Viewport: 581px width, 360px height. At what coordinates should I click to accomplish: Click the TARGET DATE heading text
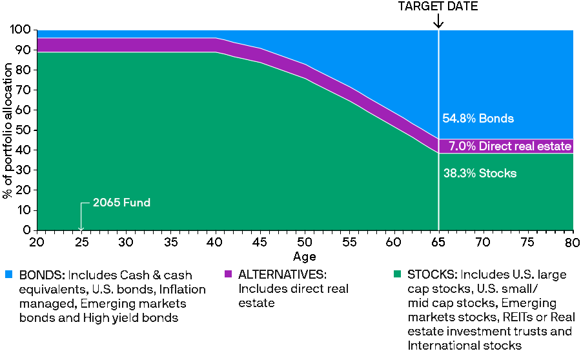point(438,6)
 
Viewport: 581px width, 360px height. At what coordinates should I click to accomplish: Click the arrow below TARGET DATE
point(438,21)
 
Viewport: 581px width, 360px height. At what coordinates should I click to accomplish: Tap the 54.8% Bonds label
point(478,119)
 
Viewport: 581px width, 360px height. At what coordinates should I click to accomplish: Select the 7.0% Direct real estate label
point(510,146)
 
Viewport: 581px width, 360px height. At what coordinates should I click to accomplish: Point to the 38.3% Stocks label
point(480,174)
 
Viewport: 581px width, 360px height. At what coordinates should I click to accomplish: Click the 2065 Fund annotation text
point(121,203)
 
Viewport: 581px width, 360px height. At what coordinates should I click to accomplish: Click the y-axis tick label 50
point(25,130)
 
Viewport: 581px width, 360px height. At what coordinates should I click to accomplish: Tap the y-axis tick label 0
point(27,230)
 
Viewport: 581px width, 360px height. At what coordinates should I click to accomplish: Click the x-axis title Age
point(305,257)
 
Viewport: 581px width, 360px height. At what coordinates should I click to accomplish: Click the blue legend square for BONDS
point(10,275)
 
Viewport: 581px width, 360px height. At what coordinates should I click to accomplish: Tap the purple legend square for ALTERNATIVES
point(228,275)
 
